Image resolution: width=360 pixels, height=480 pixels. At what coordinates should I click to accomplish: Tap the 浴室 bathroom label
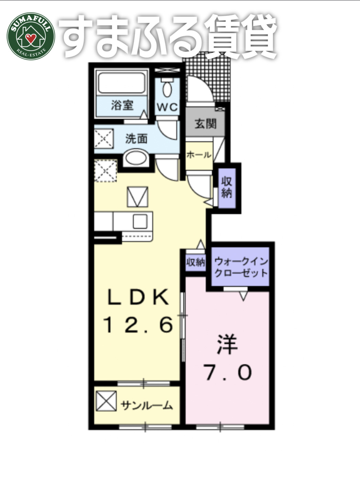(x=122, y=105)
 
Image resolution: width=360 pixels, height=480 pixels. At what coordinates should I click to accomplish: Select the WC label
(x=167, y=107)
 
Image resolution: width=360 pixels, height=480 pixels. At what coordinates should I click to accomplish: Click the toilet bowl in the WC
(x=167, y=89)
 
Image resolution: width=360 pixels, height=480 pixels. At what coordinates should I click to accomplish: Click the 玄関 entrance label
(x=205, y=124)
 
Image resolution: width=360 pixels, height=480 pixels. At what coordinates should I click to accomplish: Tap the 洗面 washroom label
(x=136, y=139)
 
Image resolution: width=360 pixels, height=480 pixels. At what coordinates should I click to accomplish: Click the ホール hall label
(x=199, y=155)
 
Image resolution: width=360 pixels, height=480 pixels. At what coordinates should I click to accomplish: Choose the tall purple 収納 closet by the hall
(x=227, y=187)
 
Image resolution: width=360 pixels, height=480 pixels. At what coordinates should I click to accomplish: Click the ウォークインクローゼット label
(x=241, y=267)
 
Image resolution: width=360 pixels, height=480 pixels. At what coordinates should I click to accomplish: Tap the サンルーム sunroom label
(x=146, y=406)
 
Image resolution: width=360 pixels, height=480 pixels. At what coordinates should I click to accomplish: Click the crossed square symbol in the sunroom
(x=106, y=401)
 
